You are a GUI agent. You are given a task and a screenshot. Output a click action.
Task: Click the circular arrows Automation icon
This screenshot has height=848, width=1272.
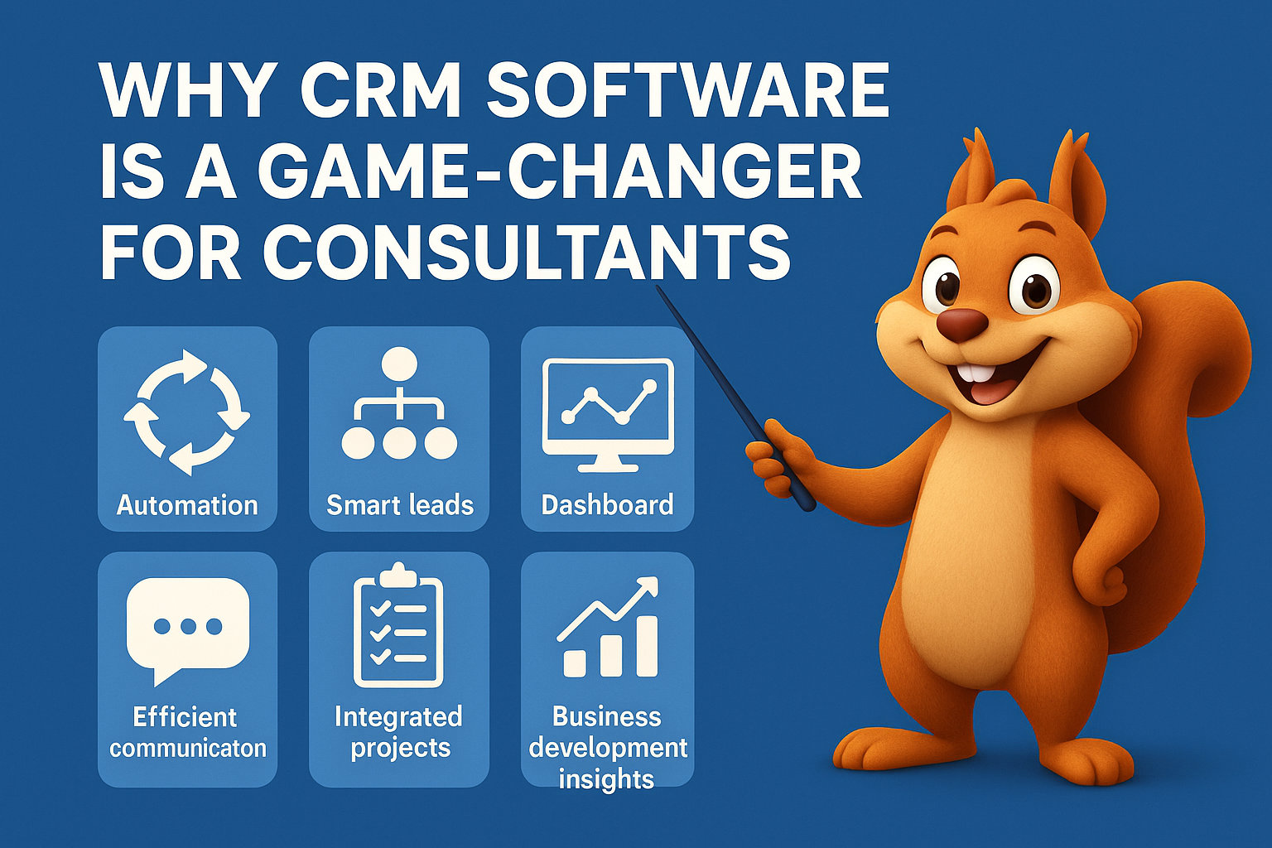[187, 412]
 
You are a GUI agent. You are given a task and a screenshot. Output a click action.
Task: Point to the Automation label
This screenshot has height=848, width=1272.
[187, 504]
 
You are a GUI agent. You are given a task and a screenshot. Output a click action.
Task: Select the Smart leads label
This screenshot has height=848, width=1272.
[399, 504]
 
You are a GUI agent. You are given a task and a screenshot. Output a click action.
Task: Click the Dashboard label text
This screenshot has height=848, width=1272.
[607, 504]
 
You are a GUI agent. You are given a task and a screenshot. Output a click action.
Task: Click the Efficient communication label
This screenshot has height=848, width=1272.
[187, 732]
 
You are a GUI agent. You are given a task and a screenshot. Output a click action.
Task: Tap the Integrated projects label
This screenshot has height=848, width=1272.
[398, 732]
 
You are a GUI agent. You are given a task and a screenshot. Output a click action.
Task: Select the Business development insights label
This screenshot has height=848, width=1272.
[608, 747]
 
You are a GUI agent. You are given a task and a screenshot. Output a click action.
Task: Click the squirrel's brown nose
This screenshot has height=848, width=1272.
[961, 324]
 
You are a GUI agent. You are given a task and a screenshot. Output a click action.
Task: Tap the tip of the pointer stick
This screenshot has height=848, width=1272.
[659, 289]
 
